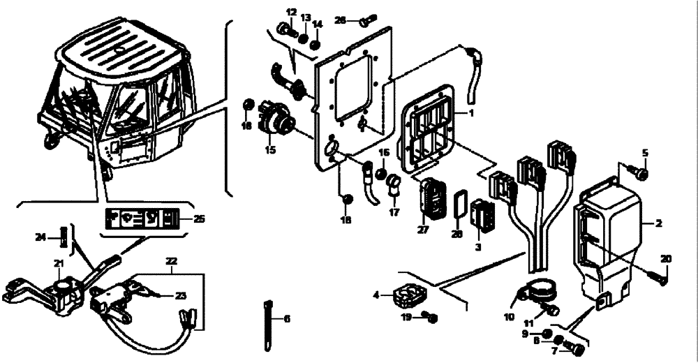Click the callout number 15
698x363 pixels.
(269, 149)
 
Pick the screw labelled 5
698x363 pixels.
(640, 171)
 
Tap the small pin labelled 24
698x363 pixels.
(65, 238)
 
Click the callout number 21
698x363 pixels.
(59, 262)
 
